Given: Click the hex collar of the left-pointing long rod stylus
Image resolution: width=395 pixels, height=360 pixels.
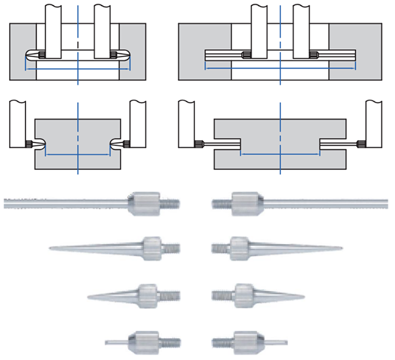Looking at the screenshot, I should [144, 202].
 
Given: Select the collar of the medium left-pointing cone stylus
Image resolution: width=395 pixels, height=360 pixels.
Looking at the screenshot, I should [148, 295].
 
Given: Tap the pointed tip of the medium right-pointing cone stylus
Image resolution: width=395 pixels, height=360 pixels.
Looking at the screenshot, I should [303, 296].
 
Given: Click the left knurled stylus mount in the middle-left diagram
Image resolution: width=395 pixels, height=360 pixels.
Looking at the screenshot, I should [29, 144].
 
